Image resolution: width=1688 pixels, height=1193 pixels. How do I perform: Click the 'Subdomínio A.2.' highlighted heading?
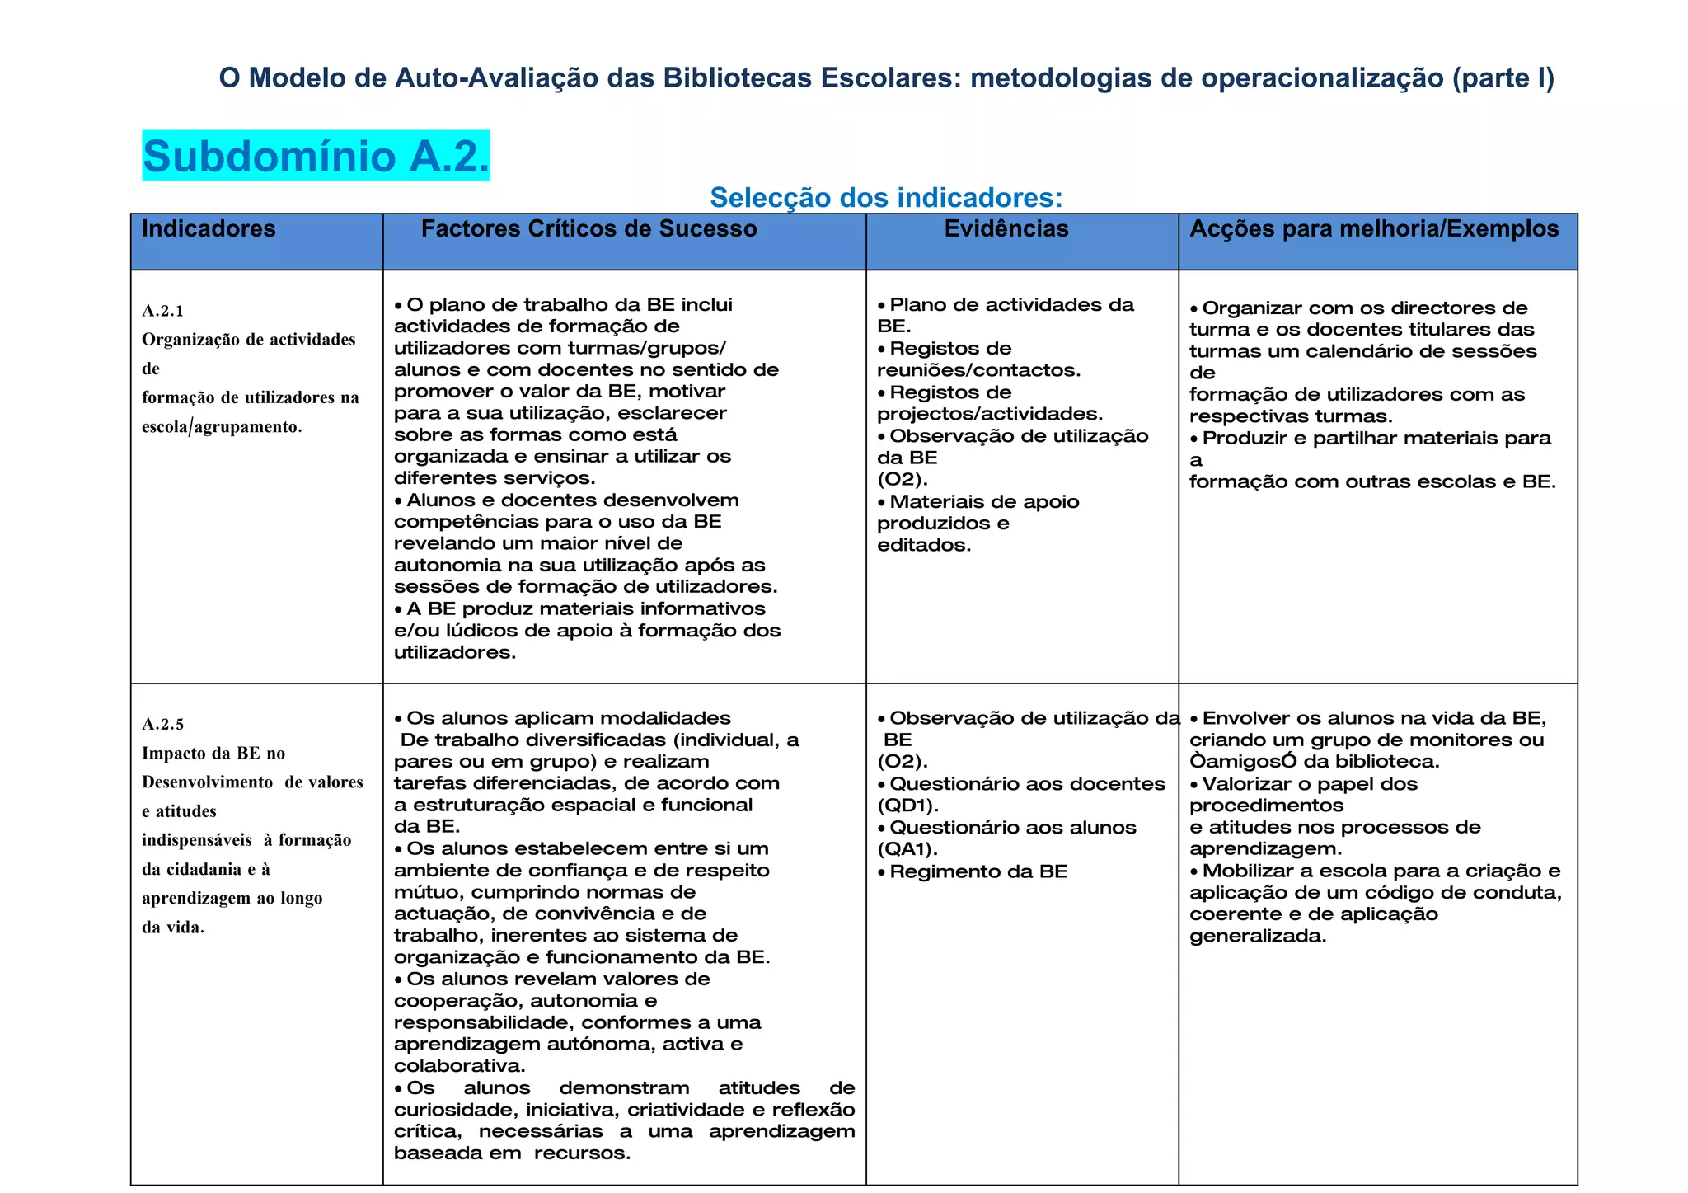click(316, 156)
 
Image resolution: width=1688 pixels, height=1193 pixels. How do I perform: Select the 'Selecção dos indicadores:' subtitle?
click(886, 198)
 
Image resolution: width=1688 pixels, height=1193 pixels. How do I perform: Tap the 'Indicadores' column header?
click(209, 228)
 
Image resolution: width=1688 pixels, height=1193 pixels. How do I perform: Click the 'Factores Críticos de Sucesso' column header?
click(588, 228)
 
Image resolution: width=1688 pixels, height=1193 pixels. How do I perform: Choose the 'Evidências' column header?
click(1006, 228)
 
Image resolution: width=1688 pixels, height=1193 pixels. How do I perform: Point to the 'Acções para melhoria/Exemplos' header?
click(1373, 228)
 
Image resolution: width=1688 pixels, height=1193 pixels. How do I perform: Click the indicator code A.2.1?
click(163, 311)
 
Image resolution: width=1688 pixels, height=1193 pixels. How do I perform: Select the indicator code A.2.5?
click(163, 725)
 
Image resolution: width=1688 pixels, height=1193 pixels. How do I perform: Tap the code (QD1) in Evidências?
click(908, 806)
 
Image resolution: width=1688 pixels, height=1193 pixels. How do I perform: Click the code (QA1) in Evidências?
click(907, 849)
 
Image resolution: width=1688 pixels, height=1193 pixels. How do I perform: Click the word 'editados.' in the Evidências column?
click(924, 545)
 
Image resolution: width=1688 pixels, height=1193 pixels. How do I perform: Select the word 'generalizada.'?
click(1258, 936)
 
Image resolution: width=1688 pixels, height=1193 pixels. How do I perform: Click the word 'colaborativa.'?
click(459, 1066)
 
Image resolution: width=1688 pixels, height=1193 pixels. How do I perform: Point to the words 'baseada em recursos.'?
click(512, 1153)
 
